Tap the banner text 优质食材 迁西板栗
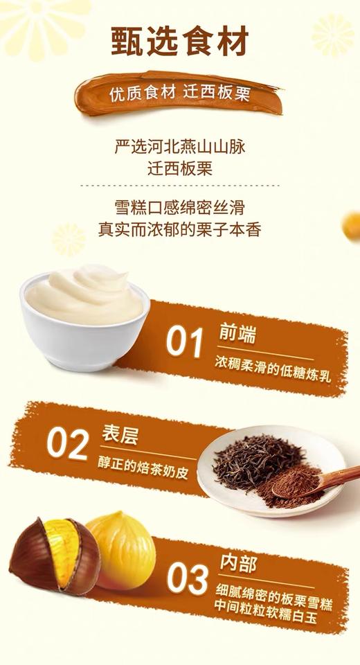(x=179, y=94)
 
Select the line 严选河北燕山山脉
(x=179, y=148)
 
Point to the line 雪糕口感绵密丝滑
(x=179, y=208)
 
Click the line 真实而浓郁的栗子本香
(x=179, y=229)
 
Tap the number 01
(x=185, y=342)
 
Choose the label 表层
(x=119, y=436)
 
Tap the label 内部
(x=238, y=562)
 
